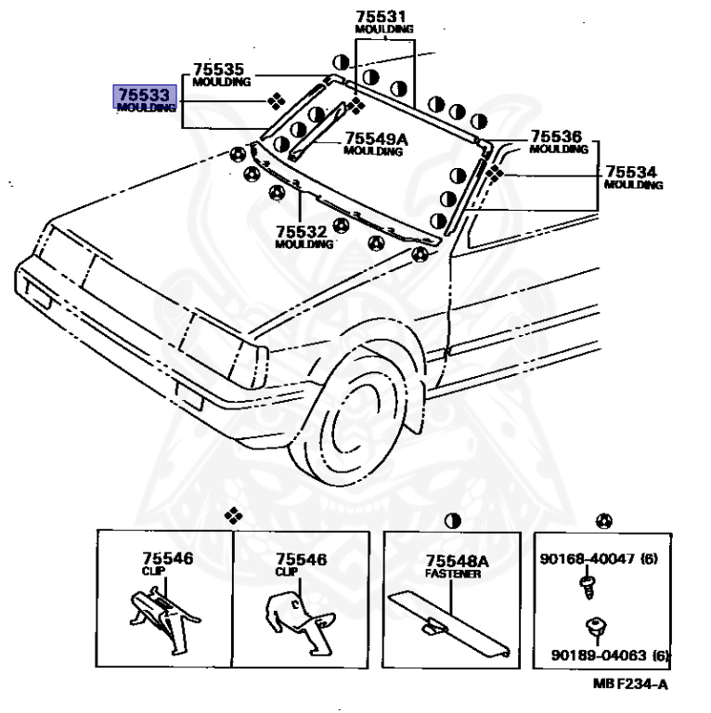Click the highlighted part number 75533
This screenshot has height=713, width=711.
(144, 95)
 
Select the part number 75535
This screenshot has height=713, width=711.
(218, 70)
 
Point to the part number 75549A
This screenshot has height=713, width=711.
(376, 139)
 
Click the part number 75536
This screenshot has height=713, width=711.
(556, 136)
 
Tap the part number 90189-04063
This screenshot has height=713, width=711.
(596, 655)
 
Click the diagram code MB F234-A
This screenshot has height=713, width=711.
(631, 684)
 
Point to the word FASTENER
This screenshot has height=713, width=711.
(454, 575)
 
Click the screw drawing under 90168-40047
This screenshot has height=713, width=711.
(588, 582)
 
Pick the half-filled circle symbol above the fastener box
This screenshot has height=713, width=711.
(453, 519)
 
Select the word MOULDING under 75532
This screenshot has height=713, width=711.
(304, 244)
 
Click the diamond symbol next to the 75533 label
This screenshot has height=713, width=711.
(274, 100)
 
